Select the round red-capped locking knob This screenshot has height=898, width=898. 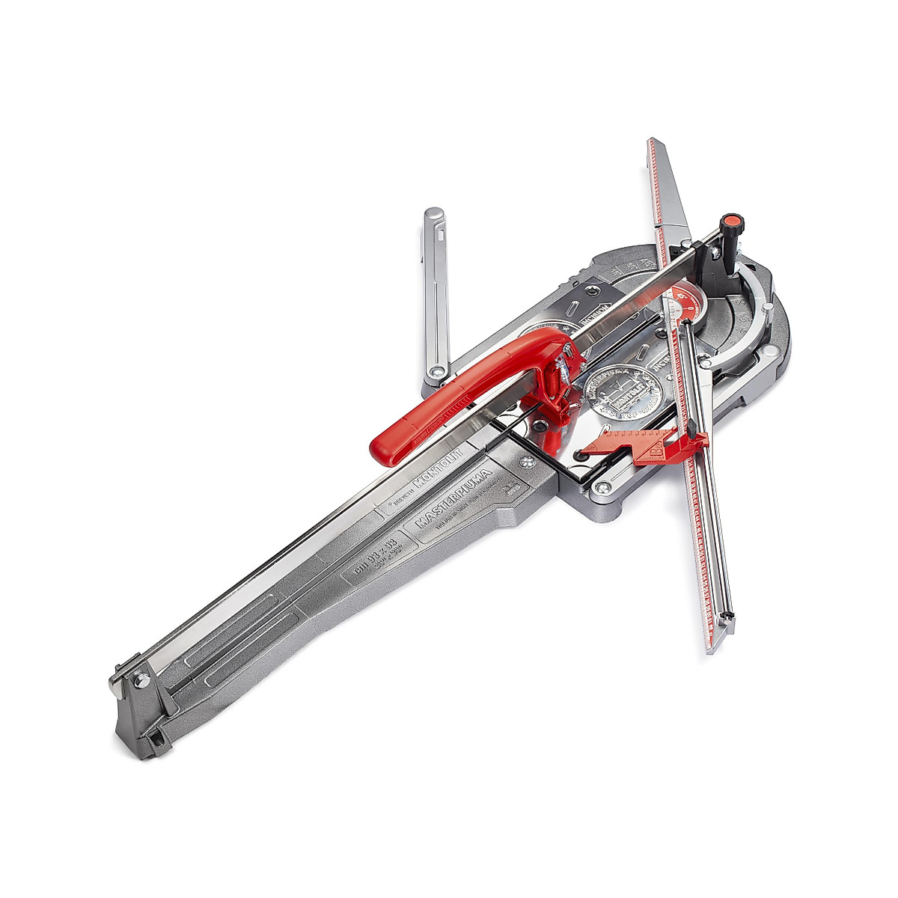pyautogui.click(x=731, y=222)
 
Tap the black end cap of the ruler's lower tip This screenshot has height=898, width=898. pyautogui.click(x=725, y=618)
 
